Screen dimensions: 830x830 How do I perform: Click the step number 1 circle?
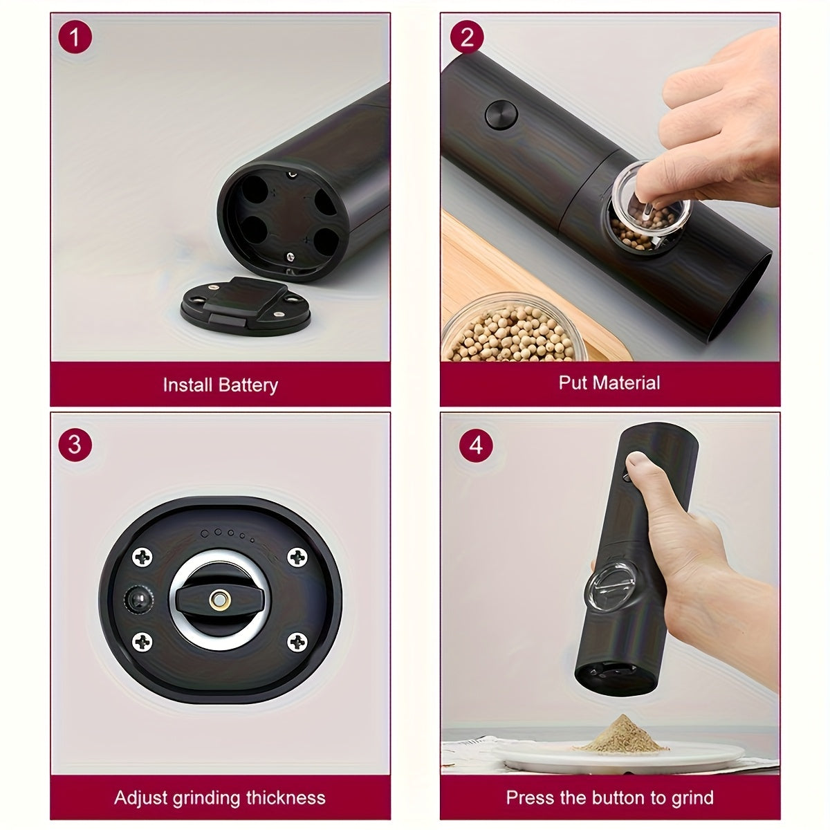pyautogui.click(x=75, y=37)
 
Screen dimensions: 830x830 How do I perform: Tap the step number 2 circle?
pyautogui.click(x=467, y=37)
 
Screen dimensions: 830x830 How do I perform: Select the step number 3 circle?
pyautogui.click(x=75, y=445)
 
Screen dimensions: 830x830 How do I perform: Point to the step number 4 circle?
pyautogui.click(x=476, y=445)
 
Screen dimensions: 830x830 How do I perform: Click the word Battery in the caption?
pyautogui.click(x=248, y=385)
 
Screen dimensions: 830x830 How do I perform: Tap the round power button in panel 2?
pyautogui.click(x=501, y=115)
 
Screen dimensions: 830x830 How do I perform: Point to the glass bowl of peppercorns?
pyautogui.click(x=515, y=328)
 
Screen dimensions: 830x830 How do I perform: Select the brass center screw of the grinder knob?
pyautogui.click(x=220, y=599)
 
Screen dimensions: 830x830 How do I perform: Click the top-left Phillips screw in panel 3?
pyautogui.click(x=142, y=557)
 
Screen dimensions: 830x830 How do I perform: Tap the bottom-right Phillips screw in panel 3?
pyautogui.click(x=297, y=643)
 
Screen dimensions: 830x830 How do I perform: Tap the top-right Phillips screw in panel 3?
pyautogui.click(x=297, y=557)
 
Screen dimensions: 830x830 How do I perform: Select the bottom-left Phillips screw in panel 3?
pyautogui.click(x=142, y=643)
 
